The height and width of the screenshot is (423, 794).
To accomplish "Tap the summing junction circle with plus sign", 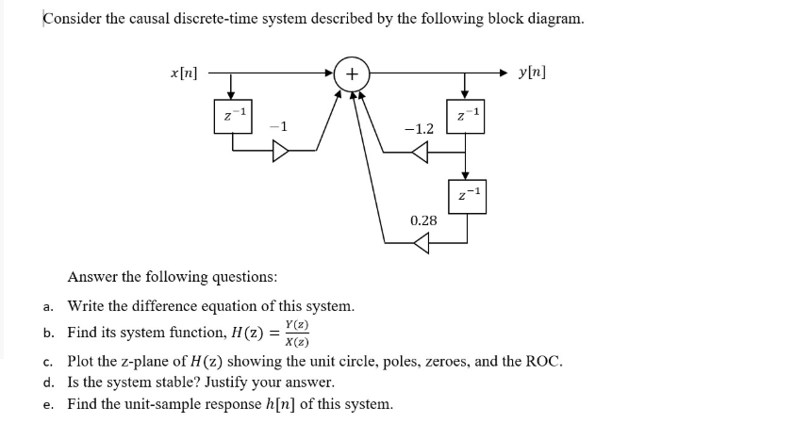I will coord(351,73).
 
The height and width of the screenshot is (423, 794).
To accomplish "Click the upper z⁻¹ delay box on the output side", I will coord(463,116).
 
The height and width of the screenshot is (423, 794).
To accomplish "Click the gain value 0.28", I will coord(423,220).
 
